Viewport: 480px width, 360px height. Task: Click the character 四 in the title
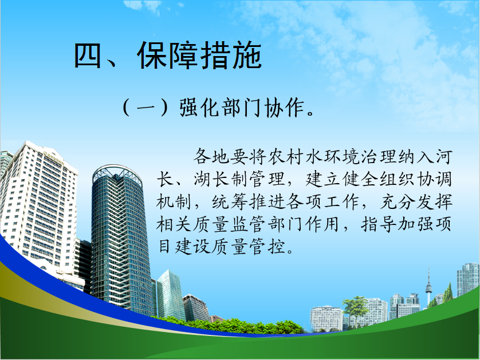tap(88, 56)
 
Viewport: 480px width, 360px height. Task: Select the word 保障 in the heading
tap(167, 56)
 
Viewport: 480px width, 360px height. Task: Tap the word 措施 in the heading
tap(231, 56)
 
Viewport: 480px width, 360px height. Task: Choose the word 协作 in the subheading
tap(284, 108)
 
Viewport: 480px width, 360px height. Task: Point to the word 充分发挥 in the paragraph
tap(416, 202)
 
